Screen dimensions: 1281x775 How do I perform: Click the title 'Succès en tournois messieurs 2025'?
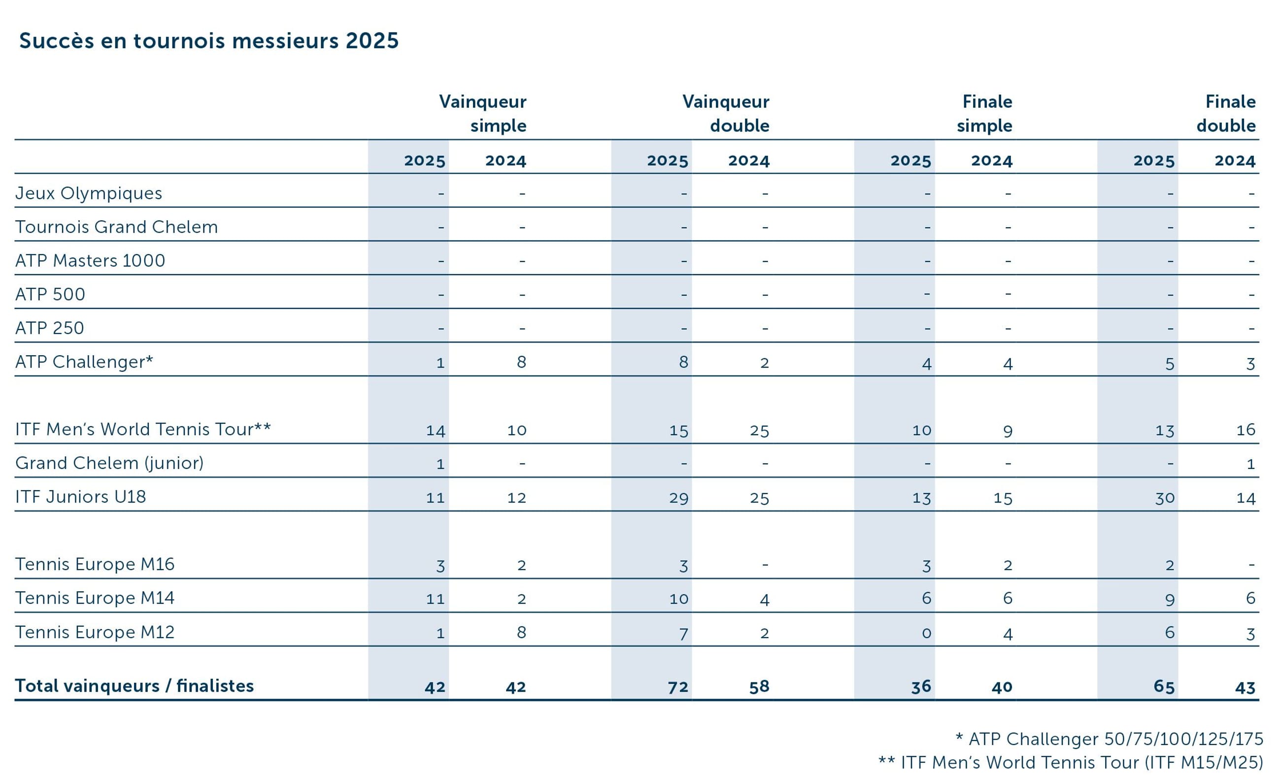pos(209,40)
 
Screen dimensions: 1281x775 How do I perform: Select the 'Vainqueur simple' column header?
pos(482,113)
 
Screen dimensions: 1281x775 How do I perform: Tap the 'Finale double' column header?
pos(1226,113)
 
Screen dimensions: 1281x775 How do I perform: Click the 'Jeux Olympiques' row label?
pos(88,193)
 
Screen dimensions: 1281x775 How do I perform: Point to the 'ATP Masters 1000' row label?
pos(90,261)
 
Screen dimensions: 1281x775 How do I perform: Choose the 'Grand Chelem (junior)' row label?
pos(109,463)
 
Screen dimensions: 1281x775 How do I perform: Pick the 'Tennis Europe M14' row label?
pos(95,598)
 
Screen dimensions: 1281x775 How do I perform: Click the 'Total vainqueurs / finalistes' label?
pos(134,686)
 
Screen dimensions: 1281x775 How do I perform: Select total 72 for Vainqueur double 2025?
pos(678,687)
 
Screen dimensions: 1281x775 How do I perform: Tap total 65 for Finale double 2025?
pos(1164,687)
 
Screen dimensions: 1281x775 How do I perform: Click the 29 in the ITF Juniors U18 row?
pos(678,498)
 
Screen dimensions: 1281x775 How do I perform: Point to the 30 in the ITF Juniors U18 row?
pos(1165,498)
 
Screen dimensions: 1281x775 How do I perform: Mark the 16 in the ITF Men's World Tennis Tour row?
pos(1246,430)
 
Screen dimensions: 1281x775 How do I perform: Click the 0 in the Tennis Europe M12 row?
pos(926,633)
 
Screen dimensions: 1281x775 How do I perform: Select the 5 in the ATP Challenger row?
pos(1170,363)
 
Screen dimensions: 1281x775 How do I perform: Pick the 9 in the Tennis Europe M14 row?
pos(1170,599)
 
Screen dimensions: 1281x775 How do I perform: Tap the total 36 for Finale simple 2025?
pos(921,687)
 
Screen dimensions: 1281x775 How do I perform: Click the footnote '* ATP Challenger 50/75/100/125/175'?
pos(1109,739)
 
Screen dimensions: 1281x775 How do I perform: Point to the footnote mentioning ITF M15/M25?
pos(1071,763)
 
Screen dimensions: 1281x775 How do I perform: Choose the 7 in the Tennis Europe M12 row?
pos(684,634)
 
